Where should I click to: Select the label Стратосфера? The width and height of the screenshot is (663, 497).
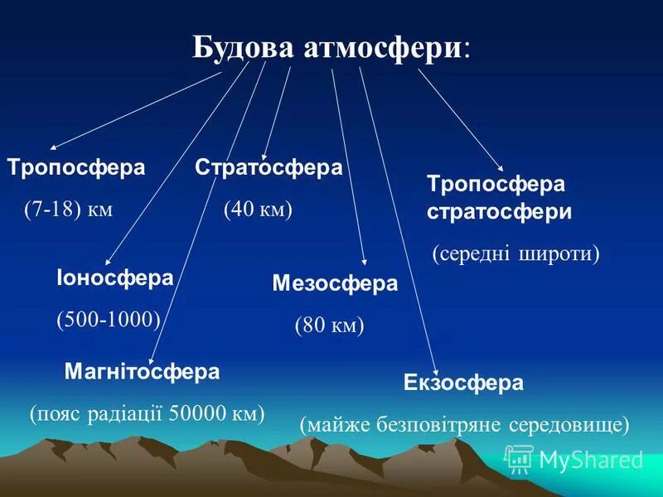[269, 167]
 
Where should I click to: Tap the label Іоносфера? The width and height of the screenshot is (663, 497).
[114, 278]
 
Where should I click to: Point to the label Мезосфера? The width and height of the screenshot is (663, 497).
[335, 284]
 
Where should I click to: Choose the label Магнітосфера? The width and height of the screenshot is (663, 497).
[142, 372]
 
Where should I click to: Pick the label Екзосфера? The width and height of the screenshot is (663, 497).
[463, 383]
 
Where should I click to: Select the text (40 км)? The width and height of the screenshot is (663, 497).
[258, 210]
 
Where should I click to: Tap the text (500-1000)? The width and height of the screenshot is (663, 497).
[108, 321]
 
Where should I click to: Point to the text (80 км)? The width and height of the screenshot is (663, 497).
[329, 326]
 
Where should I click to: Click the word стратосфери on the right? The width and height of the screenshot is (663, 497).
[499, 211]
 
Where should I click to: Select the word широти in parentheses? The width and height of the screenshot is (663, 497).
[560, 253]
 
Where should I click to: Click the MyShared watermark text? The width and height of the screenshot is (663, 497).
[590, 461]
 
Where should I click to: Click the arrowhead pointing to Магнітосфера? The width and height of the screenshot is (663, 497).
[150, 362]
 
